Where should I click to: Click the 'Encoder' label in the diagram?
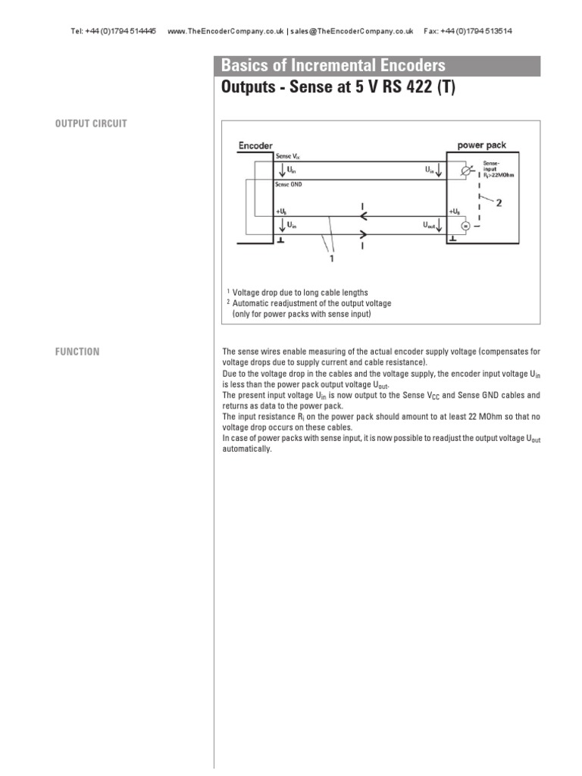coord(255,145)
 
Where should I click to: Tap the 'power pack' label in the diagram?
coord(482,145)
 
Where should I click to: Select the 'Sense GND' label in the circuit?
coord(292,184)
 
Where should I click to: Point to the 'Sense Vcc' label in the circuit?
coord(289,156)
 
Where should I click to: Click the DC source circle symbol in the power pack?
coord(465,226)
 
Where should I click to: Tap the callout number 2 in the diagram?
coord(498,202)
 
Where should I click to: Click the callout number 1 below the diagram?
coord(331,258)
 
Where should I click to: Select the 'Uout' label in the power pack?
coord(430,226)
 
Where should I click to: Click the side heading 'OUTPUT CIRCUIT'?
coord(91,124)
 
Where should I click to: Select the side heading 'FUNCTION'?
coord(77,352)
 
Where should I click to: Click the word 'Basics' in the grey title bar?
coord(242,66)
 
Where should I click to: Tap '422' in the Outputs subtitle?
coord(411,88)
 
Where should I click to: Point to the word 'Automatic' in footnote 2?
coord(253,302)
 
